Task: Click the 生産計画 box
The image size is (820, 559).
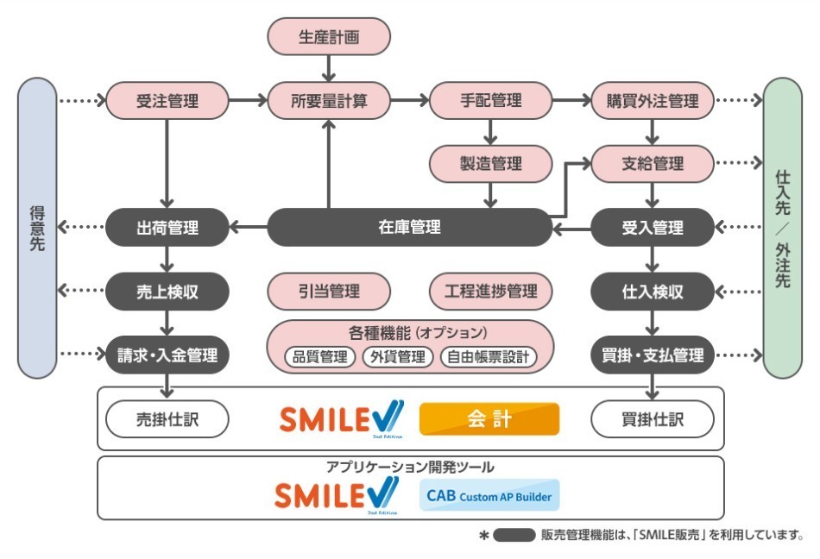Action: pyautogui.click(x=329, y=37)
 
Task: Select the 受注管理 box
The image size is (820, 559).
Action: pyautogui.click(x=167, y=101)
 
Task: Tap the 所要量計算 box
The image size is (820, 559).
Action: pyautogui.click(x=329, y=101)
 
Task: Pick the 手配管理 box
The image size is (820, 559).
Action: pyautogui.click(x=490, y=101)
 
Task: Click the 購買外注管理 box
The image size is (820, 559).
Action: pyautogui.click(x=653, y=101)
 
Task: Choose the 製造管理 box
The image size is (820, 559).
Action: pyautogui.click(x=490, y=164)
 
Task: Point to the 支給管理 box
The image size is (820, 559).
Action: pyautogui.click(x=653, y=164)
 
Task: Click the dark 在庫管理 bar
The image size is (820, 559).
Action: pyautogui.click(x=409, y=228)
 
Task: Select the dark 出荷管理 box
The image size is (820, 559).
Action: pyautogui.click(x=167, y=228)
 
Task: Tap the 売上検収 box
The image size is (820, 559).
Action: pyautogui.click(x=167, y=292)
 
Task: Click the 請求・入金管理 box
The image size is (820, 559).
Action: pyautogui.click(x=167, y=355)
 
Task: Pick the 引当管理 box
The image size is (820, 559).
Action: pyautogui.click(x=329, y=292)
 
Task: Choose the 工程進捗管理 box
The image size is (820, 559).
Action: pyautogui.click(x=490, y=292)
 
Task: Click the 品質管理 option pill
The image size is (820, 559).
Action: pyautogui.click(x=320, y=356)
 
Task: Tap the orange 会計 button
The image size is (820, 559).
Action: pyautogui.click(x=489, y=419)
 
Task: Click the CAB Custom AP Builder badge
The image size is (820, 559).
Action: pyautogui.click(x=489, y=496)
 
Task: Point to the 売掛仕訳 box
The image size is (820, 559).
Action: pyautogui.click(x=167, y=420)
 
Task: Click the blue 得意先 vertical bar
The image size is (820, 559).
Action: pyautogui.click(x=37, y=228)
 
